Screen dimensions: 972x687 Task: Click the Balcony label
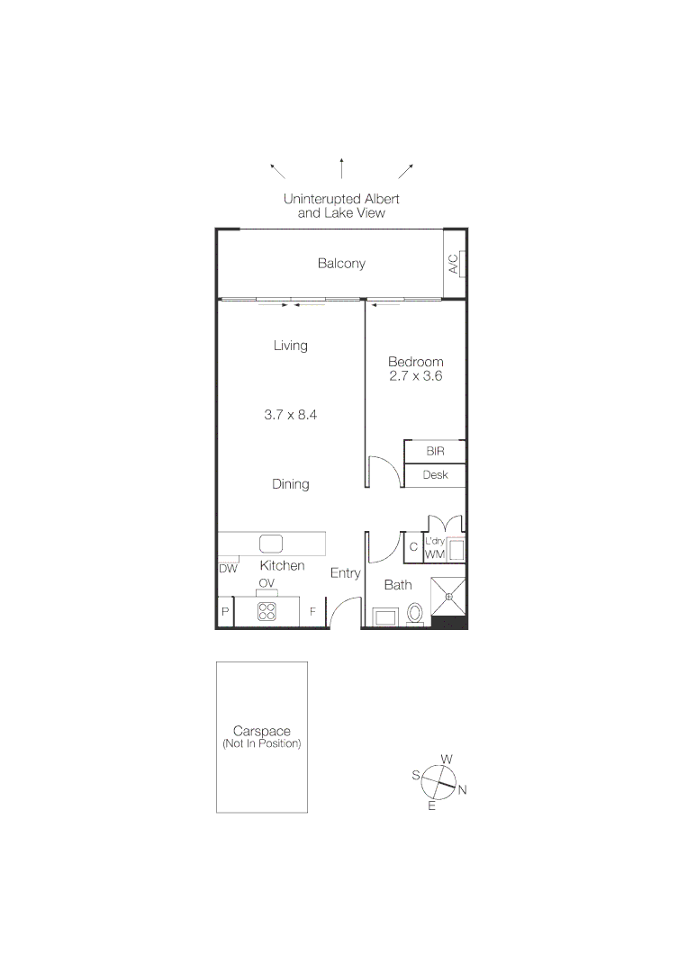tap(341, 264)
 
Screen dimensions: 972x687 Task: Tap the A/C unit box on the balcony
tap(453, 264)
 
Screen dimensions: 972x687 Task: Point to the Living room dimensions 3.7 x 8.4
tap(291, 415)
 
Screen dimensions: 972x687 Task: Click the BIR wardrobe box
tap(435, 451)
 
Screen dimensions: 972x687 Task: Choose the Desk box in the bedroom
tap(435, 474)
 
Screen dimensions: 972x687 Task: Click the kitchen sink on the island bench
tap(271, 544)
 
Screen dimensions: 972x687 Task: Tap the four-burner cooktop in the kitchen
tap(267, 612)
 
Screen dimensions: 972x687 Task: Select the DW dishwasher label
tap(228, 569)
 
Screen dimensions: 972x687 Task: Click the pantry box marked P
tap(224, 612)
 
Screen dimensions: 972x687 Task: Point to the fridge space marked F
tap(312, 612)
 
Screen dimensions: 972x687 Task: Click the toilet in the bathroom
tap(415, 613)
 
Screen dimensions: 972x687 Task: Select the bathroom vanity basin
tap(387, 617)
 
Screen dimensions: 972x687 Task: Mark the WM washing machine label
tap(435, 555)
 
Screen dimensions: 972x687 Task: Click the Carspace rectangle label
tap(261, 737)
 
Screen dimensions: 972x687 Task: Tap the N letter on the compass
tap(463, 791)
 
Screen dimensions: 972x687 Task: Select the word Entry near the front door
tap(345, 573)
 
